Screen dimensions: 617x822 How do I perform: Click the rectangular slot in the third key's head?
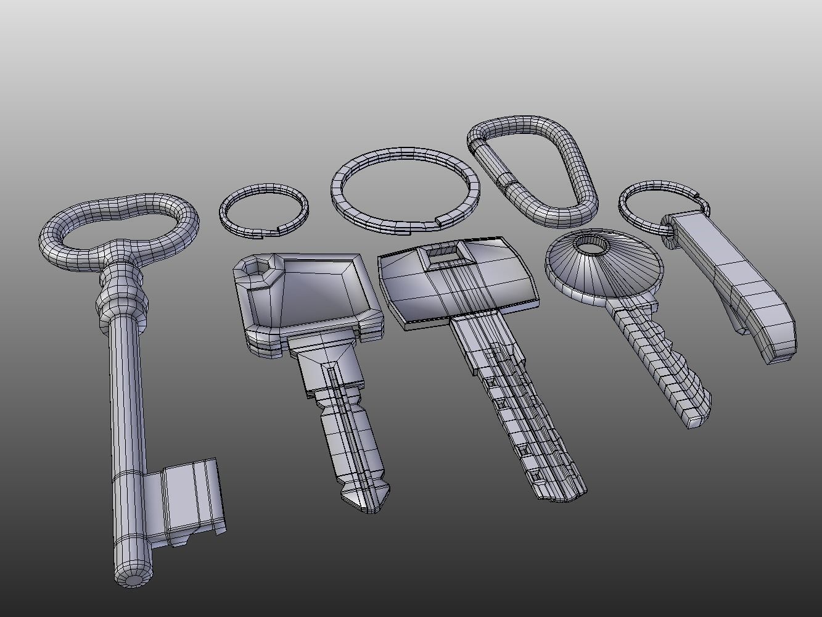443,251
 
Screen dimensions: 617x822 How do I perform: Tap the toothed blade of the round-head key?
660,364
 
